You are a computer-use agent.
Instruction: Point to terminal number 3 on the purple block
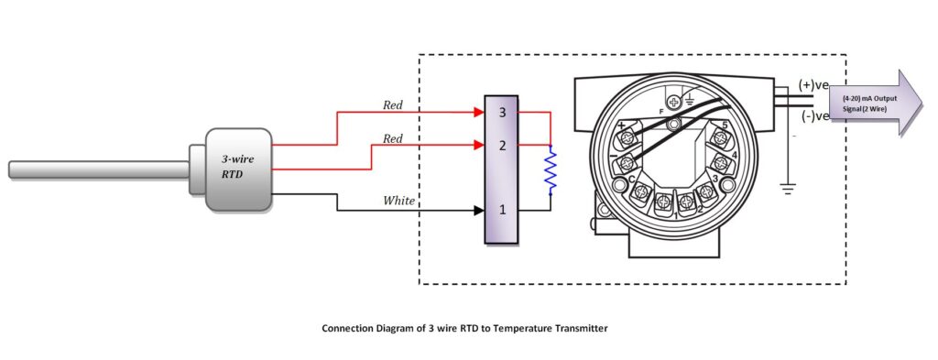[x=501, y=113]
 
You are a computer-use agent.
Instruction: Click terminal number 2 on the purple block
[x=501, y=145]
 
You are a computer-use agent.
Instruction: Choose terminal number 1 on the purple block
[x=501, y=210]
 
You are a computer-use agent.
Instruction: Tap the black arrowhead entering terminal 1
[x=477, y=210]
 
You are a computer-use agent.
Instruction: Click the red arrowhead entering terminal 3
[x=477, y=113]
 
